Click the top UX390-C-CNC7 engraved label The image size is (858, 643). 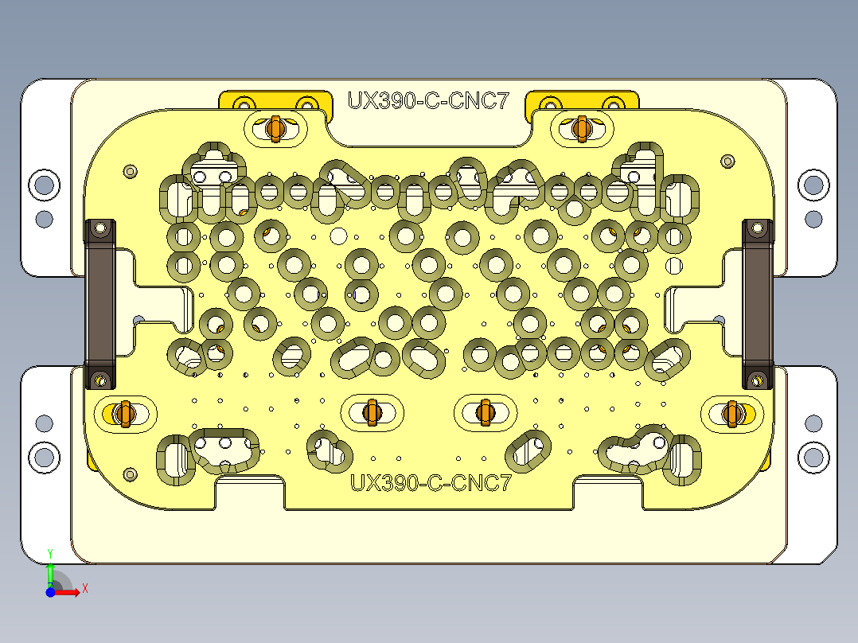click(428, 101)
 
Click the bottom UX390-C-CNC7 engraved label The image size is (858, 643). click(430, 482)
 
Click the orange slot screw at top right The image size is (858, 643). click(581, 127)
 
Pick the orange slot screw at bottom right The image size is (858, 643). click(732, 413)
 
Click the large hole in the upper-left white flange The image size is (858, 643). click(44, 185)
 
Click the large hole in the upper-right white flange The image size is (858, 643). click(813, 185)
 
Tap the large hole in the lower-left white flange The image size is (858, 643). click(44, 458)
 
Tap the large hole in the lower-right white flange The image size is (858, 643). click(813, 458)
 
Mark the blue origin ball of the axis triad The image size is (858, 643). click(49, 593)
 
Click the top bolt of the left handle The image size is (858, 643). click(100, 228)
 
